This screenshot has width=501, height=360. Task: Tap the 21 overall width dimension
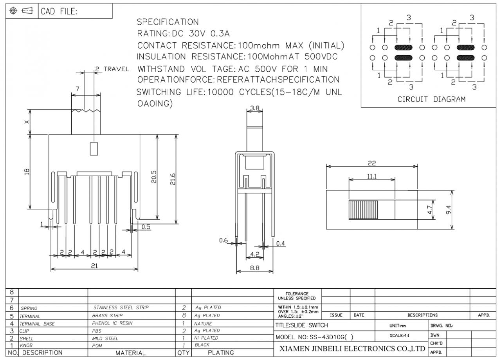[94, 265]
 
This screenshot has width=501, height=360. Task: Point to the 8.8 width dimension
[255, 268]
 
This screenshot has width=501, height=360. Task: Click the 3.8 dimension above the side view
[255, 107]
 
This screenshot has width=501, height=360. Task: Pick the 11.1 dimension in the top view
[372, 176]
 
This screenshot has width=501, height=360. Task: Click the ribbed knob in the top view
[363, 210]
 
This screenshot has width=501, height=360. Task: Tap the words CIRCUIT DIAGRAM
[432, 99]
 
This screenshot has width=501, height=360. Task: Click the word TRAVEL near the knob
[116, 69]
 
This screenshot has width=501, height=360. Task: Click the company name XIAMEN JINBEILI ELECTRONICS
[351, 348]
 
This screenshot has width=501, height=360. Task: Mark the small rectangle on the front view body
[94, 149]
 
